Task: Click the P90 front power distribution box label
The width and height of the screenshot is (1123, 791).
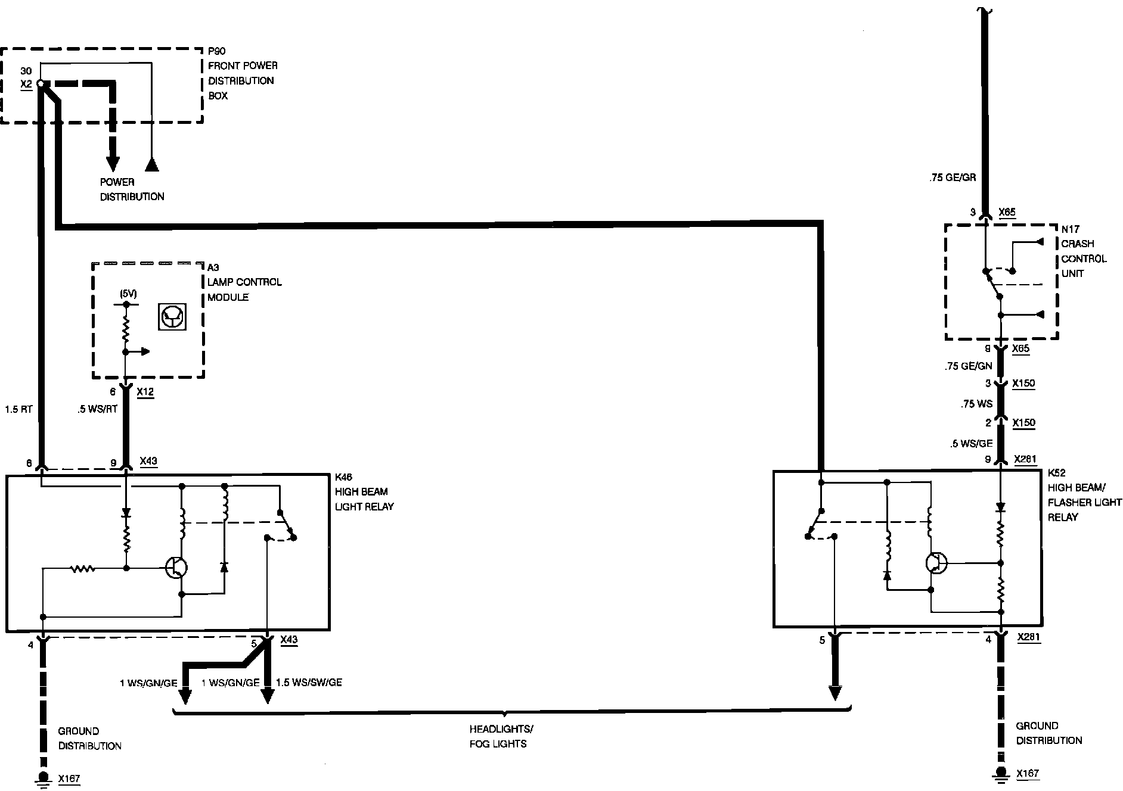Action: [242, 73]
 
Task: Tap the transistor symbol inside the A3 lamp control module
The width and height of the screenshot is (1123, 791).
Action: [172, 317]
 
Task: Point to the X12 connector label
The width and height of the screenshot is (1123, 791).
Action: [145, 392]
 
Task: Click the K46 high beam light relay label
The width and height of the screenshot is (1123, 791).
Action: [364, 492]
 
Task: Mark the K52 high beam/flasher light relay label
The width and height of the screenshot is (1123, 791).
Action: [1084, 495]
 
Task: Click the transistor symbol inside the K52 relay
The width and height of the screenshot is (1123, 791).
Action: [936, 563]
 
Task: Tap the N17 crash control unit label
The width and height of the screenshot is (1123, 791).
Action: [1084, 251]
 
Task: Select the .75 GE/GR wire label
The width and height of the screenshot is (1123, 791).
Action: [952, 177]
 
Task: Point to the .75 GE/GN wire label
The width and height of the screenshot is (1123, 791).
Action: [968, 367]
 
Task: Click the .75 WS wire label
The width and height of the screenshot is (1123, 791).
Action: [976, 404]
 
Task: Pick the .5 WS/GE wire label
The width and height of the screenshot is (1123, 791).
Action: [971, 443]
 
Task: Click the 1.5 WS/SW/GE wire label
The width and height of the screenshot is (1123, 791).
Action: [309, 683]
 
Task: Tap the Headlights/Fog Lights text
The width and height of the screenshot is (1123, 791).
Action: [501, 736]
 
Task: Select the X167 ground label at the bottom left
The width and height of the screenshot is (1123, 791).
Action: [69, 778]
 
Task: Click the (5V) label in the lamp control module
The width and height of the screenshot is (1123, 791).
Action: [128, 294]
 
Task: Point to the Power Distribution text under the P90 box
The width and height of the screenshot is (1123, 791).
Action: [132, 189]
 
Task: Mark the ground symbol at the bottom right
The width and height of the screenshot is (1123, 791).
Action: [1002, 774]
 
